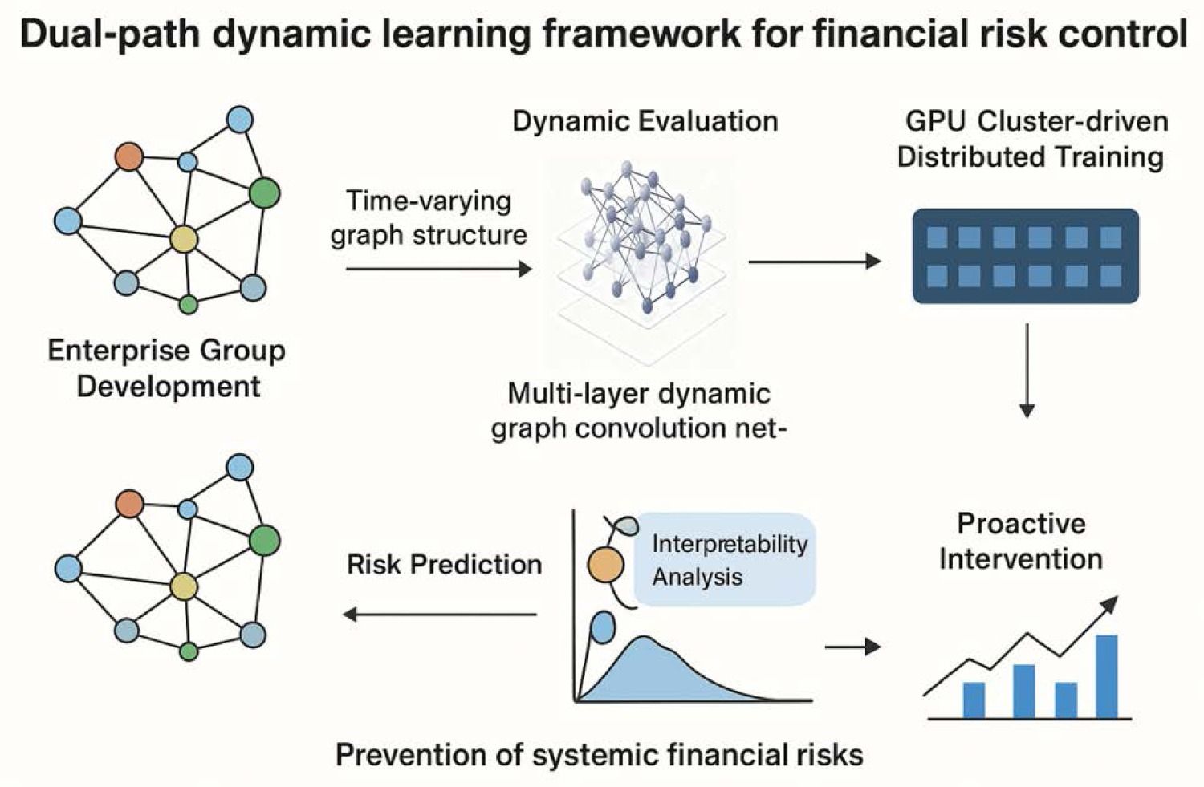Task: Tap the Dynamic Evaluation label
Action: pyautogui.click(x=645, y=121)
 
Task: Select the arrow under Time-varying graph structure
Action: pyautogui.click(x=438, y=269)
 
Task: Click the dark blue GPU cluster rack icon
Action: pyautogui.click(x=1025, y=256)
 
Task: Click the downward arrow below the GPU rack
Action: pyautogui.click(x=1026, y=370)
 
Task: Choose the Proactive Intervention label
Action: pyautogui.click(x=1021, y=541)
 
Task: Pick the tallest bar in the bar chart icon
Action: pyautogui.click(x=1107, y=675)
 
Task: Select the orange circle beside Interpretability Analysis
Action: pyautogui.click(x=606, y=565)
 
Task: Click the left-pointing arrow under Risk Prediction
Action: pyautogui.click(x=440, y=615)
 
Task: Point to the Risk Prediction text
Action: pyautogui.click(x=444, y=565)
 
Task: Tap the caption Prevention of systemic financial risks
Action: pyautogui.click(x=599, y=755)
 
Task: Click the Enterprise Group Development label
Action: pyautogui.click(x=167, y=368)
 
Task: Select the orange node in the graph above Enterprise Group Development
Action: pyautogui.click(x=128, y=156)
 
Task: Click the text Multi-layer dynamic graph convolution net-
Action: pyautogui.click(x=640, y=411)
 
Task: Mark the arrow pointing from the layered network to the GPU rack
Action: pyautogui.click(x=814, y=261)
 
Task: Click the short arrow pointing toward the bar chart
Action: pyautogui.click(x=852, y=647)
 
